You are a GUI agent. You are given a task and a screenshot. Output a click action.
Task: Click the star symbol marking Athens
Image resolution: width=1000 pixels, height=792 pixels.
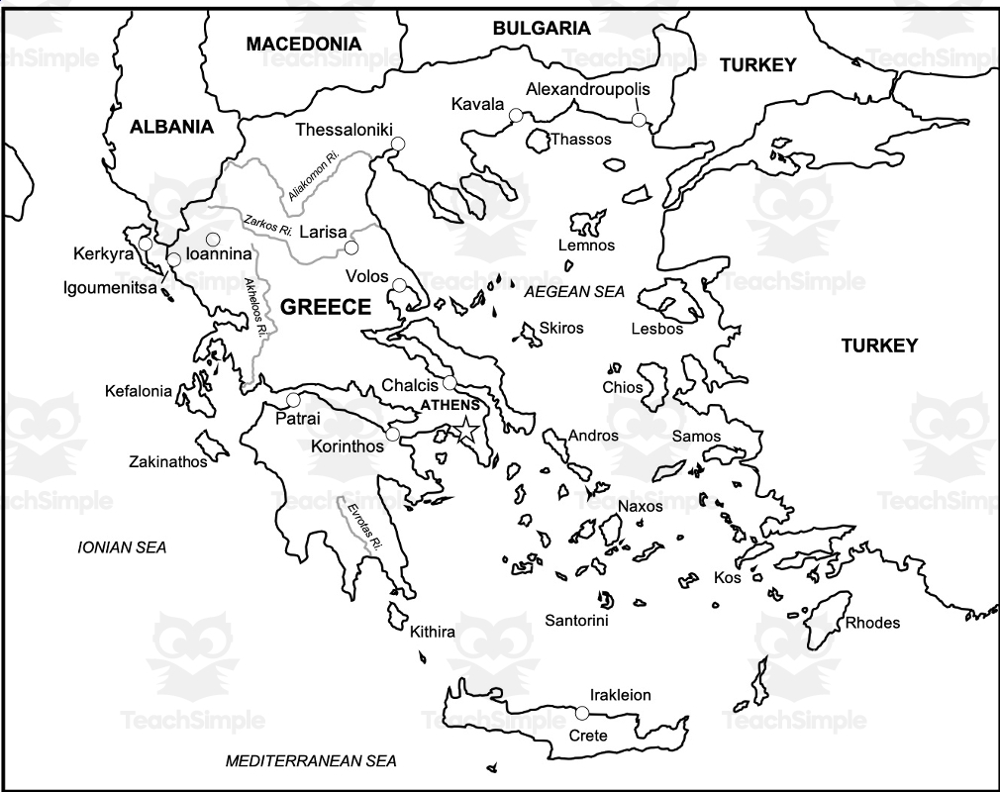pyautogui.click(x=466, y=430)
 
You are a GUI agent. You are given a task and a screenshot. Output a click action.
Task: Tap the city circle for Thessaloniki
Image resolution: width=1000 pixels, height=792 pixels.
pyautogui.click(x=398, y=145)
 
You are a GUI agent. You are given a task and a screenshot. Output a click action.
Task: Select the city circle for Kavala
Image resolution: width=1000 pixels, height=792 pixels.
pyautogui.click(x=516, y=116)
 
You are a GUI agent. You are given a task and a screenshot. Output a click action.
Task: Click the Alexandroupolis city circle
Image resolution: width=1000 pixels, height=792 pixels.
pyautogui.click(x=640, y=120)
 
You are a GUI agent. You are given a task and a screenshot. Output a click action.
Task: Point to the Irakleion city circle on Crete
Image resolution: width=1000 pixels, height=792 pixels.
pyautogui.click(x=582, y=713)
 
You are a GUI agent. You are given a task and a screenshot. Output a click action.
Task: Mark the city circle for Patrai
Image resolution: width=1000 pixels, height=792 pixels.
pyautogui.click(x=293, y=400)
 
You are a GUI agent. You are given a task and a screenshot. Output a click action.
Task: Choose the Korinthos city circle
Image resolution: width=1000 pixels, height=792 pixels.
pyautogui.click(x=393, y=434)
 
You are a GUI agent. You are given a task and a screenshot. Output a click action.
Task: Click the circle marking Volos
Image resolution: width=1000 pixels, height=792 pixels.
pyautogui.click(x=399, y=285)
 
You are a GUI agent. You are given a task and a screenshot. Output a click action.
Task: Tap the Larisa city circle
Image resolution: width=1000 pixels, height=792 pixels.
pyautogui.click(x=352, y=247)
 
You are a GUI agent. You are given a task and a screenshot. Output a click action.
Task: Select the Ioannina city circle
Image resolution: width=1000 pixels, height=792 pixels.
pyautogui.click(x=213, y=239)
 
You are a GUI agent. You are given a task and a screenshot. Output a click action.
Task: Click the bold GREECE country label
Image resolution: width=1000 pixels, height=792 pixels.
pyautogui.click(x=326, y=307)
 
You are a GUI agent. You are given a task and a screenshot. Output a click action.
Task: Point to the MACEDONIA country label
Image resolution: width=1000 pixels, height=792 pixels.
pyautogui.click(x=303, y=44)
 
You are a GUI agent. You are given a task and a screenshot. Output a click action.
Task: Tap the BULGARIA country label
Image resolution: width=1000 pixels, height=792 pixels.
pyautogui.click(x=542, y=28)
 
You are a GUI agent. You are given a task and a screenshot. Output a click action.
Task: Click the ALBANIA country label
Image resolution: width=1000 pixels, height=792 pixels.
pyautogui.click(x=171, y=127)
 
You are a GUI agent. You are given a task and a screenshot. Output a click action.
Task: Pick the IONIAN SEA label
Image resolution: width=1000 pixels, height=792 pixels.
pyautogui.click(x=122, y=546)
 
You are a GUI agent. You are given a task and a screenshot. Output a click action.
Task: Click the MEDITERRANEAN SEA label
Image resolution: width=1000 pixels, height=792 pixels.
pyautogui.click(x=311, y=761)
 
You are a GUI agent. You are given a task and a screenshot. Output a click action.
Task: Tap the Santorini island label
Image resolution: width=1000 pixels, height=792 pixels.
pyautogui.click(x=576, y=620)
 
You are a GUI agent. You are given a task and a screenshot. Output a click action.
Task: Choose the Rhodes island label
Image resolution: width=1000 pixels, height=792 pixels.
pyautogui.click(x=872, y=623)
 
